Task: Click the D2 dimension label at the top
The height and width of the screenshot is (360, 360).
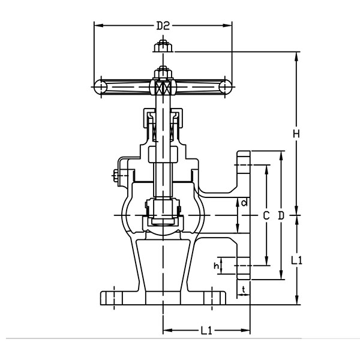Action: [163, 25]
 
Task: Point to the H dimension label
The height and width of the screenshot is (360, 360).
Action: [296, 134]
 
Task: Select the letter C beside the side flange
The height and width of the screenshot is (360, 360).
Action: [266, 214]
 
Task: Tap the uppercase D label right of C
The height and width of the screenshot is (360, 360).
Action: [281, 214]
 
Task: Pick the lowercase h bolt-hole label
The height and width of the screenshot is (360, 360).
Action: [217, 265]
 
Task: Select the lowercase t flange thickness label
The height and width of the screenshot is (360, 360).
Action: [243, 290]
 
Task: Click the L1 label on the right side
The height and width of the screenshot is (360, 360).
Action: [296, 260]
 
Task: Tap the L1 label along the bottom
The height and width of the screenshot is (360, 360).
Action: [206, 331]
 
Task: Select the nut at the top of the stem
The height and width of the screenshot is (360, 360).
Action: [163, 47]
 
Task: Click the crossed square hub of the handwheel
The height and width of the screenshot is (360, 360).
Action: [163, 88]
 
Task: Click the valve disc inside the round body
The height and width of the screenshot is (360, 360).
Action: [163, 219]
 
